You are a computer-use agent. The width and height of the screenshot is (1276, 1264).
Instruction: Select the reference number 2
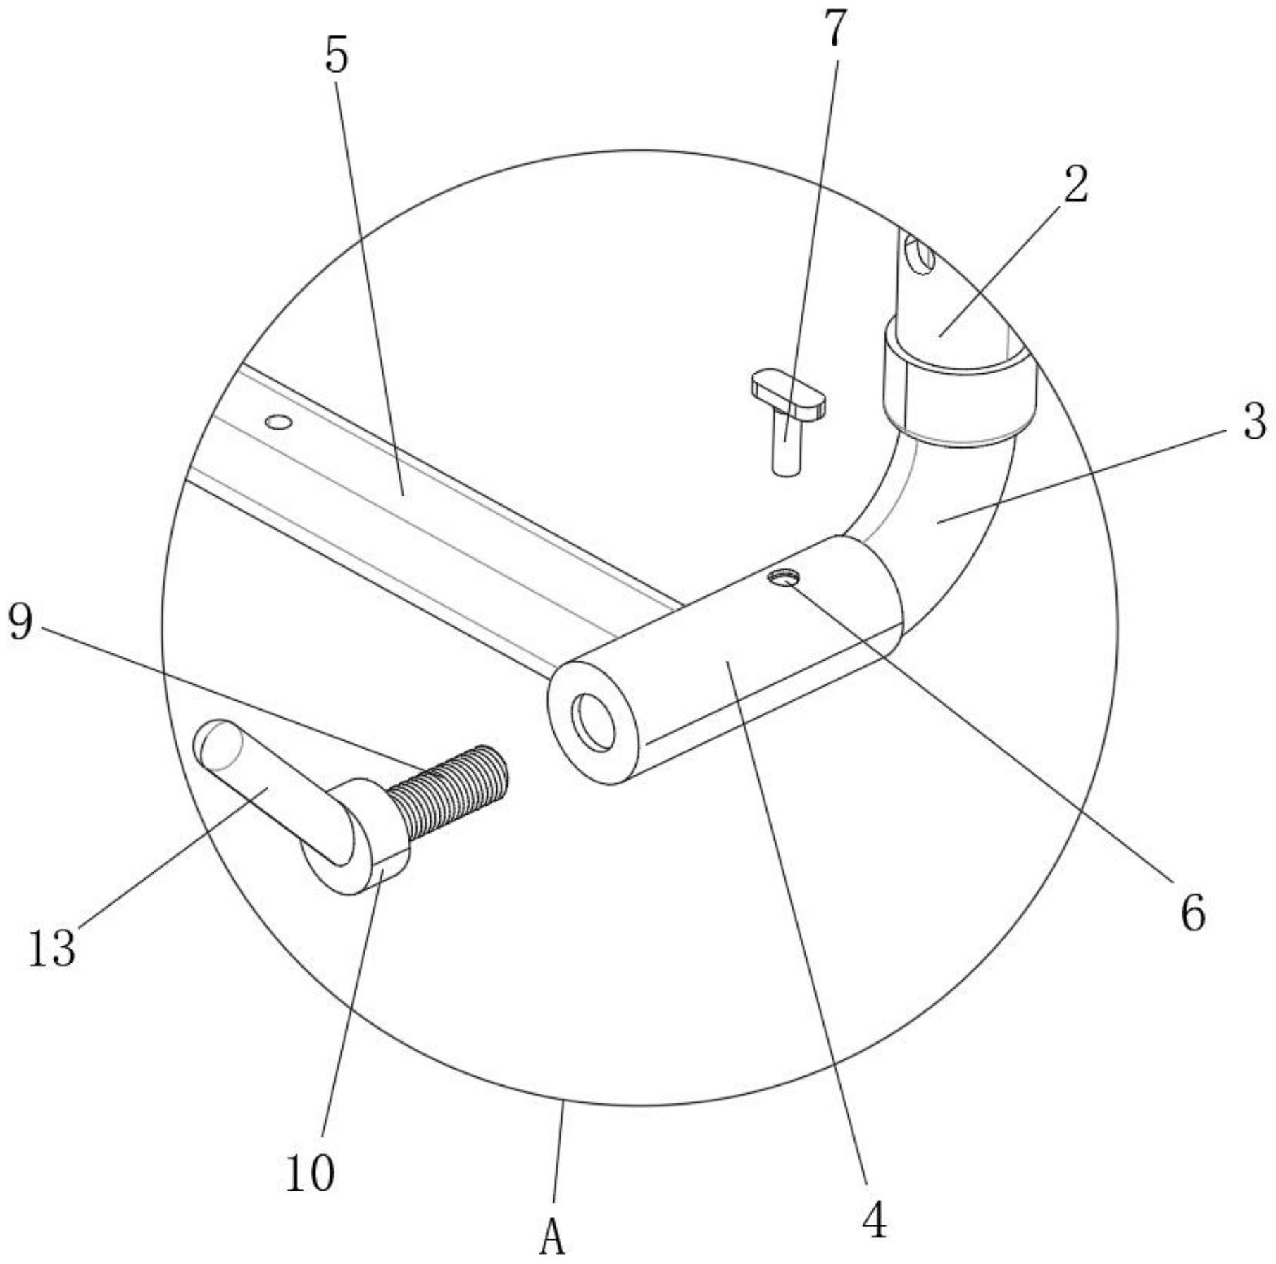tap(1075, 185)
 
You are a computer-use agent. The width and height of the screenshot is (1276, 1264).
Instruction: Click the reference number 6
tap(1193, 913)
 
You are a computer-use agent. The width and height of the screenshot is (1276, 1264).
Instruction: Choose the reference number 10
tap(310, 1172)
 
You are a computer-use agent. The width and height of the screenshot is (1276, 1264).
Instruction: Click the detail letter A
tap(553, 1237)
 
